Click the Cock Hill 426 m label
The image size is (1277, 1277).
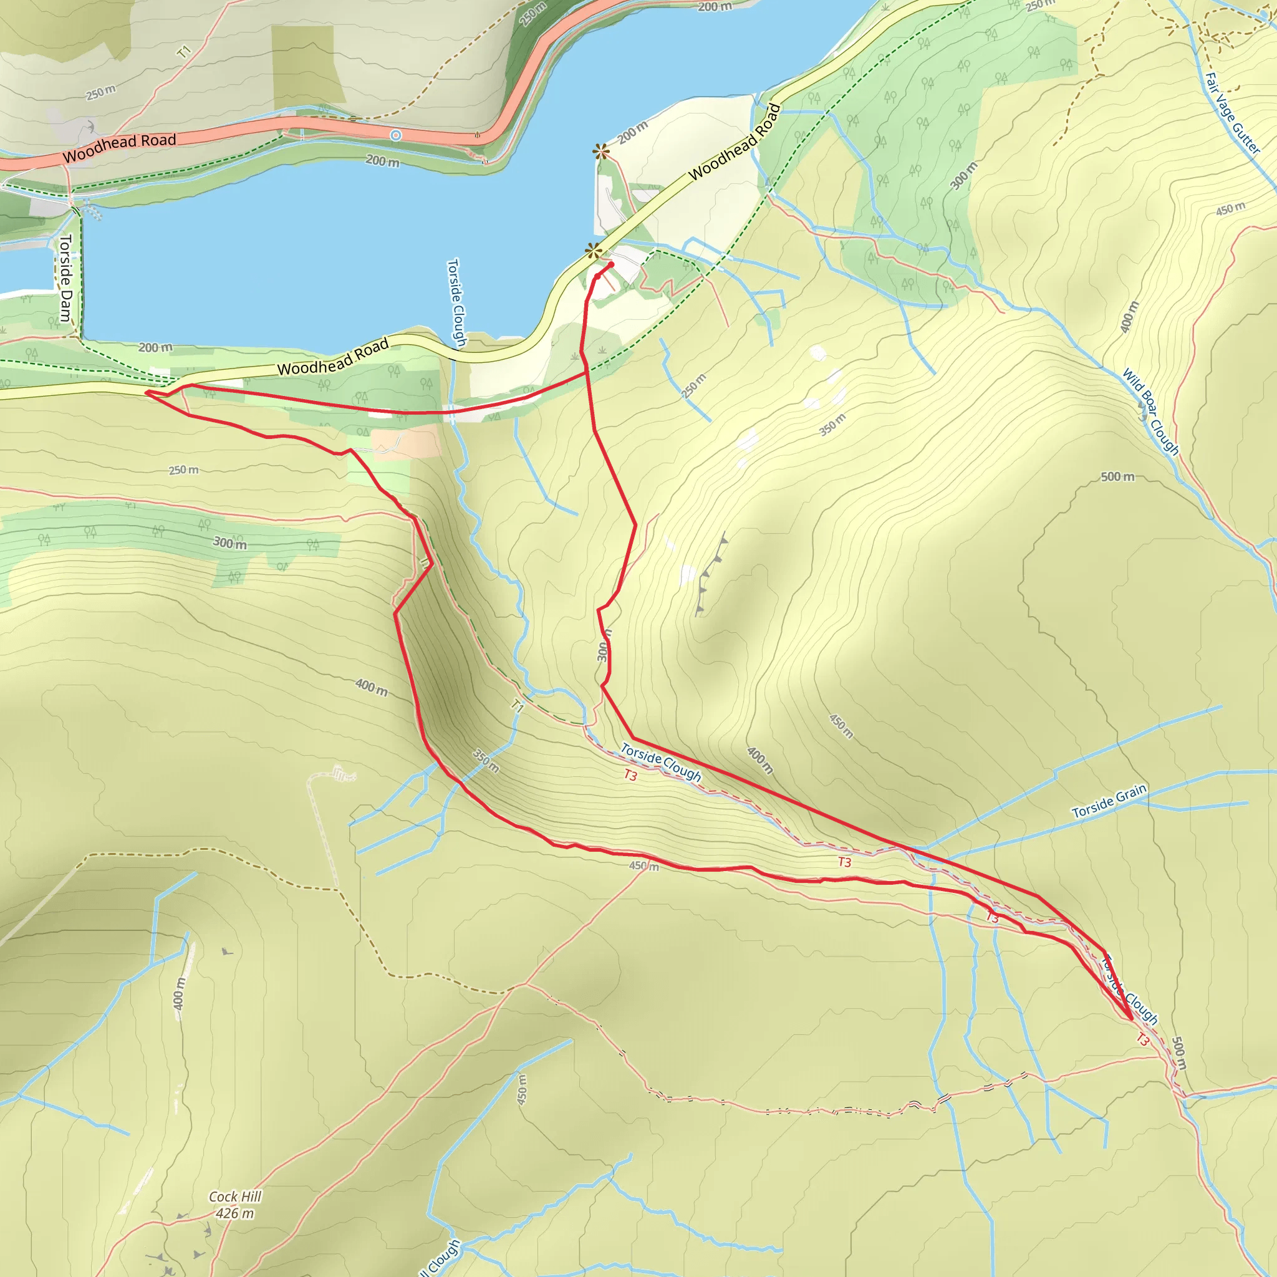tap(234, 1204)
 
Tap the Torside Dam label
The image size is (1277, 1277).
tap(65, 277)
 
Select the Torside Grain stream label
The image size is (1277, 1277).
tap(1109, 802)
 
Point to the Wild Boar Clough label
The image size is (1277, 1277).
tap(1150, 411)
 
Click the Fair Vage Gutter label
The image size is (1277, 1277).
tap(1232, 113)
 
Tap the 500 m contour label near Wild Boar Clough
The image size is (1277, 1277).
tap(1117, 476)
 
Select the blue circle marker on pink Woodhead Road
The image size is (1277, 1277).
tap(395, 135)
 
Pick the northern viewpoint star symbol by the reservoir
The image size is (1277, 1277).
tap(600, 152)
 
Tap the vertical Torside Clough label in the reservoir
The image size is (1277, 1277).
tap(456, 302)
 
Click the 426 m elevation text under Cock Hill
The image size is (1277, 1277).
tap(234, 1213)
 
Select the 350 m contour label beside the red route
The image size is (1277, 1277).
tap(486, 761)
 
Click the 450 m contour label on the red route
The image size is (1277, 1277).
tap(643, 866)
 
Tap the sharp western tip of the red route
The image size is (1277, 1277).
tap(146, 393)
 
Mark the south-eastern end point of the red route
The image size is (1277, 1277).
tap(1131, 1019)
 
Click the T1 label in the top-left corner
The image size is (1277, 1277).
tap(185, 51)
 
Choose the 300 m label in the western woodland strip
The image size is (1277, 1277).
tap(229, 542)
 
